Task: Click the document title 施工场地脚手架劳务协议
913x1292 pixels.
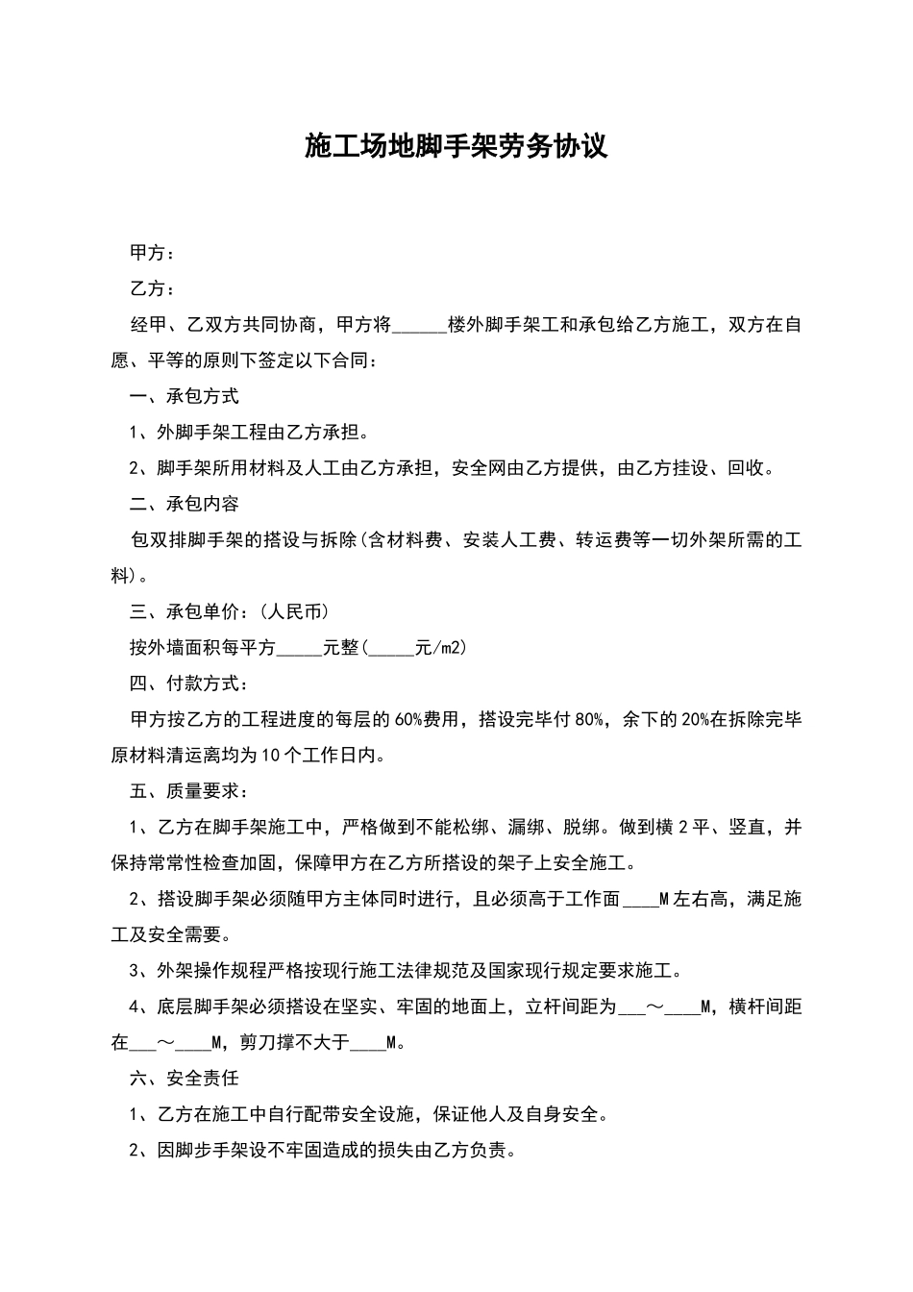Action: pos(456,147)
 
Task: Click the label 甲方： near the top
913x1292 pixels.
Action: pos(153,253)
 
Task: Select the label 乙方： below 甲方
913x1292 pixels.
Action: pos(153,288)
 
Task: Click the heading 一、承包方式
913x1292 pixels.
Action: pos(184,396)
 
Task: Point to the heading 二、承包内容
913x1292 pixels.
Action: pos(184,504)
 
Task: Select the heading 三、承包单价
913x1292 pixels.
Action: pos(184,611)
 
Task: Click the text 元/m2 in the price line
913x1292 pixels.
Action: pos(438,648)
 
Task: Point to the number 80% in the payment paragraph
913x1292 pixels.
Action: pos(588,719)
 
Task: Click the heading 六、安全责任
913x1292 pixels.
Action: pos(184,1079)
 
